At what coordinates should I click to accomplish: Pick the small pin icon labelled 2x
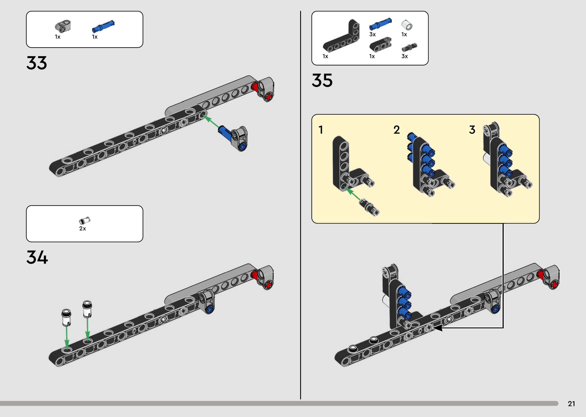84,220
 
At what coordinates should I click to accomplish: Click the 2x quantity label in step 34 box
82,229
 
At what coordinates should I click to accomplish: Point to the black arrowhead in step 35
438,328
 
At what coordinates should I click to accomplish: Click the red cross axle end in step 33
269,97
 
